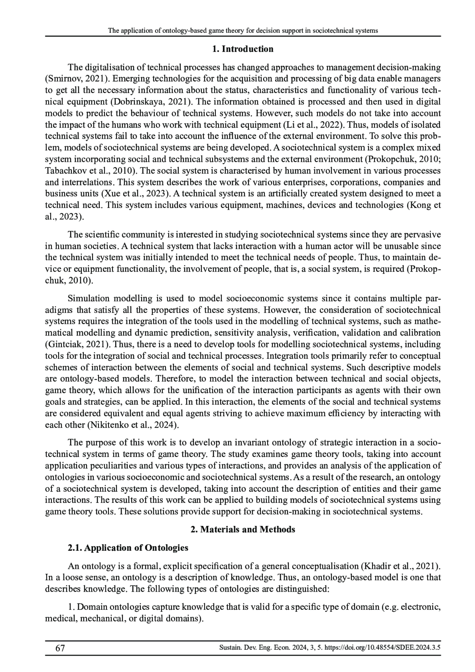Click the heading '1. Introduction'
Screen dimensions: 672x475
[x=243, y=49]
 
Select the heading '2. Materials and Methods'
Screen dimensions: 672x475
[x=243, y=529]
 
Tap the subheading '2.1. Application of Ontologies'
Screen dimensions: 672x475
[x=128, y=548]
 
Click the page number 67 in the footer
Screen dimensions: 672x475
[x=60, y=648]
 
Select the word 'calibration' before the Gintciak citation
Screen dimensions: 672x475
[x=421, y=333]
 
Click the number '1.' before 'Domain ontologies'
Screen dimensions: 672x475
[x=71, y=607]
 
